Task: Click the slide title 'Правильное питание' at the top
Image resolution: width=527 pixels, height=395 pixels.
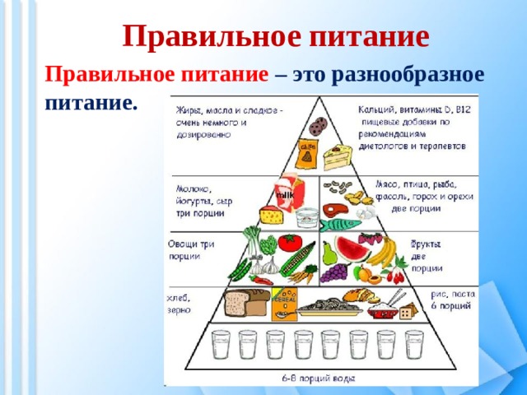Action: tap(276, 36)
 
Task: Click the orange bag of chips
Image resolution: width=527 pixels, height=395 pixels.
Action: tap(310, 152)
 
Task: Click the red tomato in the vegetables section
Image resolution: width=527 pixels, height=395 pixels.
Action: tap(289, 244)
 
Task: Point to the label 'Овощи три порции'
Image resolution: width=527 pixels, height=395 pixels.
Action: tap(191, 250)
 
